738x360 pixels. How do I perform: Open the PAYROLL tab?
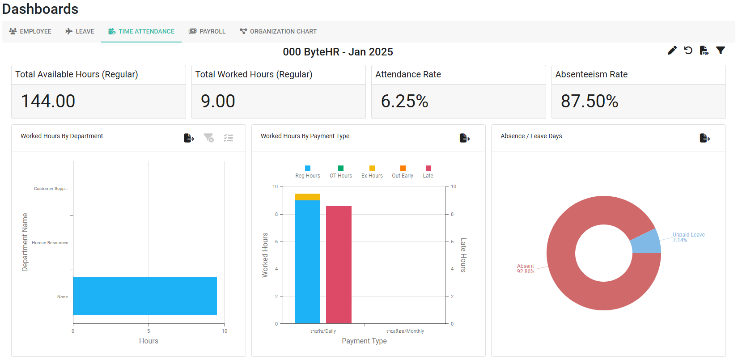(x=207, y=31)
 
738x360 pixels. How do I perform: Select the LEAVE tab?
(x=80, y=31)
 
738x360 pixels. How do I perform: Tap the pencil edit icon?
(x=672, y=51)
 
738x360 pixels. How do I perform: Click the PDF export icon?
(x=704, y=51)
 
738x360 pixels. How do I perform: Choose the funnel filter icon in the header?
(x=721, y=51)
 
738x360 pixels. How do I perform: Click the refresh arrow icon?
(x=688, y=51)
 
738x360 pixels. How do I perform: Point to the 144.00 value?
(x=48, y=101)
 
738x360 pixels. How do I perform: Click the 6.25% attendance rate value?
(x=404, y=101)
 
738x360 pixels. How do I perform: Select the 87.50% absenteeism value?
(x=590, y=101)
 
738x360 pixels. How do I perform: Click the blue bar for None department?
(x=145, y=296)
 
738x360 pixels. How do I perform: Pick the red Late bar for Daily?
(x=339, y=265)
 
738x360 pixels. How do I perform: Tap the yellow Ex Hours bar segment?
(x=307, y=197)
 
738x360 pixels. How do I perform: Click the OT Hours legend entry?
(x=341, y=172)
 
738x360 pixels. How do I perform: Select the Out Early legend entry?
(x=403, y=172)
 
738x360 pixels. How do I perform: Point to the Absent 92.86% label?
(x=526, y=269)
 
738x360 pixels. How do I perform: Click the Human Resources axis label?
(x=50, y=243)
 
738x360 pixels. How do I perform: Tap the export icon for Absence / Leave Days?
(x=704, y=138)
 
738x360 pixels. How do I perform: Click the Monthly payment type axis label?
(x=405, y=331)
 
